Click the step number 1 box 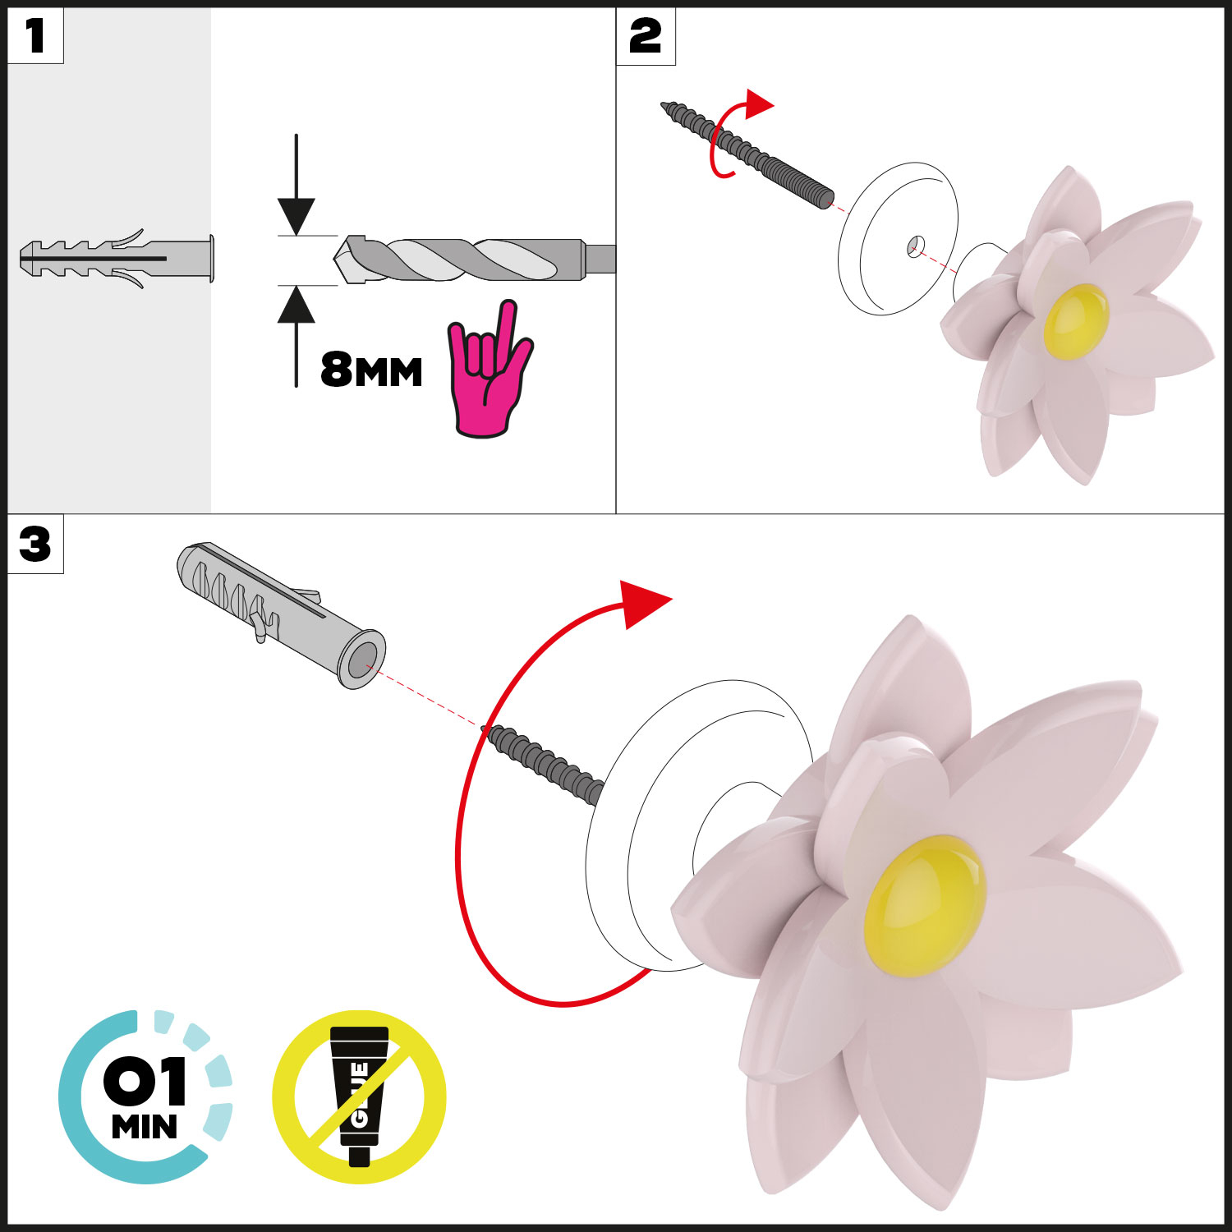(35, 36)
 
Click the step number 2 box (646, 36)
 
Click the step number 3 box (35, 544)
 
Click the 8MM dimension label (371, 370)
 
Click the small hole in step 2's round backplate (916, 245)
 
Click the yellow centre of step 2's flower (1076, 321)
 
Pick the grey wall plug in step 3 (279, 613)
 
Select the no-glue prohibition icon (359, 1096)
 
